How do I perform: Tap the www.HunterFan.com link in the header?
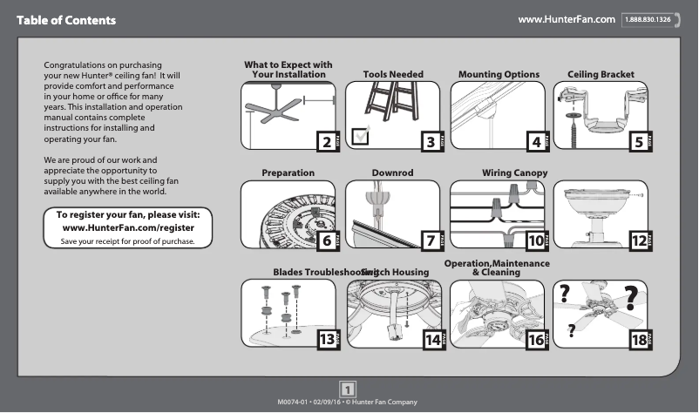click(x=567, y=18)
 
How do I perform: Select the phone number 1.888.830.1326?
click(x=648, y=19)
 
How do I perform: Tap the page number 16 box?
click(x=535, y=340)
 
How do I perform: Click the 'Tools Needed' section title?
click(x=393, y=75)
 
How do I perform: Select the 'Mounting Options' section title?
click(x=499, y=75)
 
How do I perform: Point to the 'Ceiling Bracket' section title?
click(x=601, y=75)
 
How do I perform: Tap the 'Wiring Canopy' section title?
click(x=514, y=173)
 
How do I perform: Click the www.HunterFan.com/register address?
click(x=129, y=227)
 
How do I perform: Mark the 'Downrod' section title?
click(x=392, y=173)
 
